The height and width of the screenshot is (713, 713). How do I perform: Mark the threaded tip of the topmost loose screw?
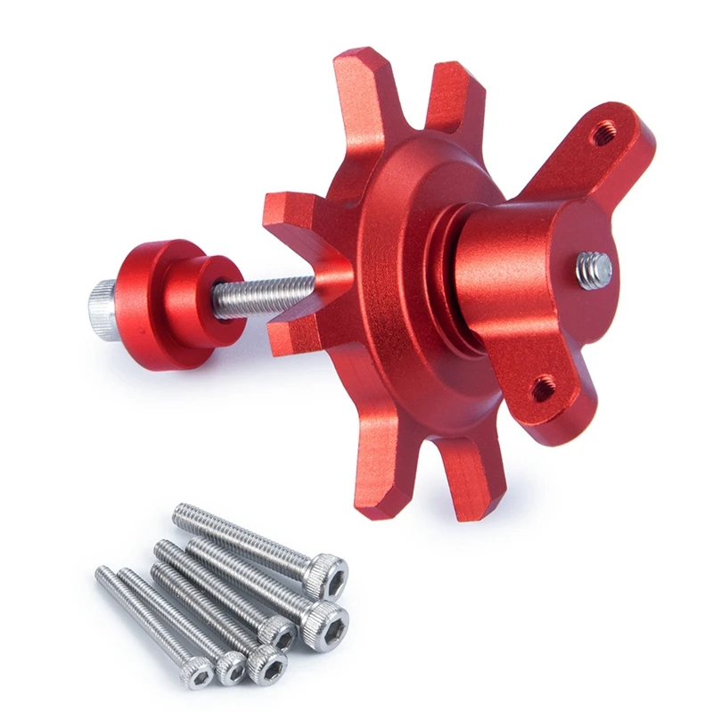pyautogui.click(x=183, y=513)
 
